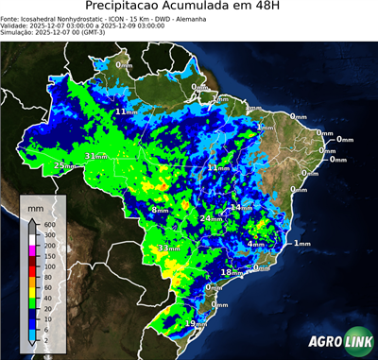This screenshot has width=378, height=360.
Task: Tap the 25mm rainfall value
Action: pos(64,165)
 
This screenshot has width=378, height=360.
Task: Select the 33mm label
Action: pos(168,249)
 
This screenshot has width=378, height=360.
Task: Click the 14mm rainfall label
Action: pos(241,207)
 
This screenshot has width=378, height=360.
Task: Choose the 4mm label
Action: pos(255,244)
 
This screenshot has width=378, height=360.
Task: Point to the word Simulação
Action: pos(16,32)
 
